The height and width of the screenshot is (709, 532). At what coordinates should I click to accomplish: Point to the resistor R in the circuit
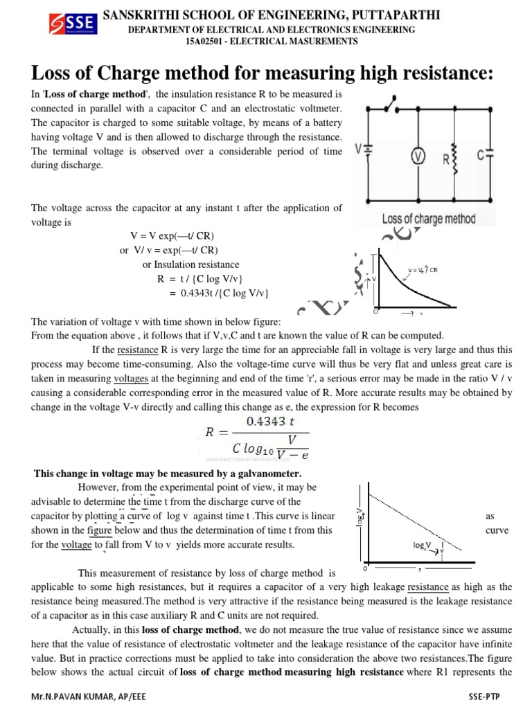coord(453,157)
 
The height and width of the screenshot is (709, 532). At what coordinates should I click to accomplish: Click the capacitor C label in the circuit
coord(481,156)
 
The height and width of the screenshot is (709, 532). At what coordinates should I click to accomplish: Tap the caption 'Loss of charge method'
coord(429,219)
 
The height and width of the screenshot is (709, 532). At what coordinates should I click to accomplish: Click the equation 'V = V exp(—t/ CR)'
coord(177,236)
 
